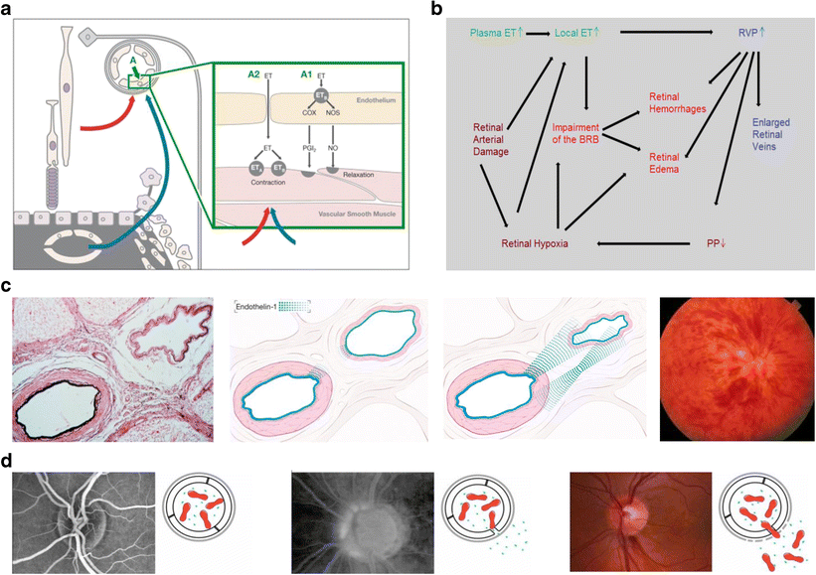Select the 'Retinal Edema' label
point(664,163)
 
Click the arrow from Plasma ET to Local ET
point(537,34)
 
